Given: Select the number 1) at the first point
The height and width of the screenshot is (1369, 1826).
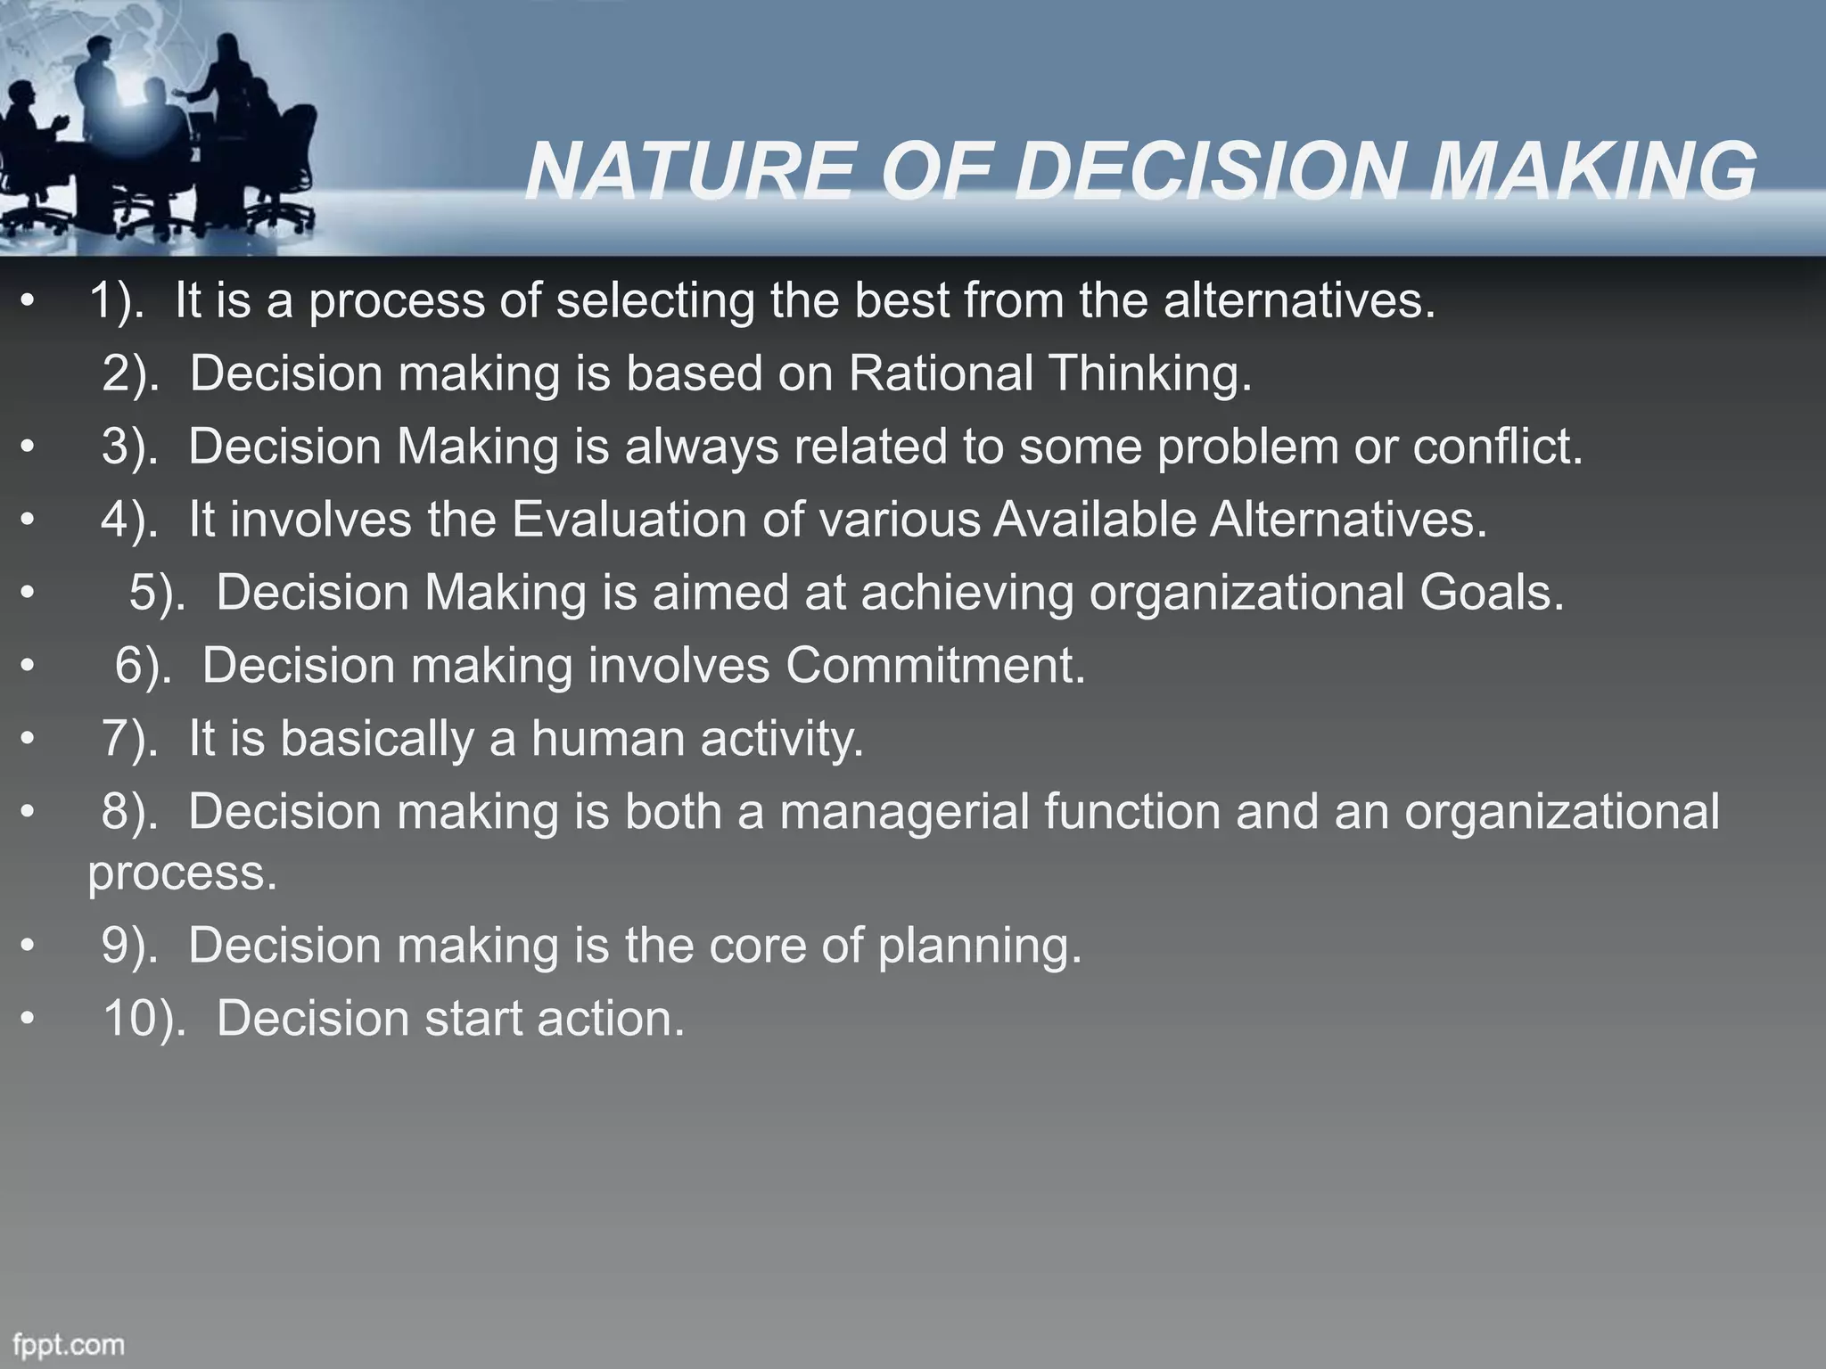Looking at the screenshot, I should point(116,300).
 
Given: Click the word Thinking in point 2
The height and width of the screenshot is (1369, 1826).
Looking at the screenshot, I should point(1150,373).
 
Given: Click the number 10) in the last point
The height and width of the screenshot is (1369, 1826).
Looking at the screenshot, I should point(143,1018).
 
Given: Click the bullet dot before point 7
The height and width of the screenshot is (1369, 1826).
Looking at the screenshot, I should point(29,739).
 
